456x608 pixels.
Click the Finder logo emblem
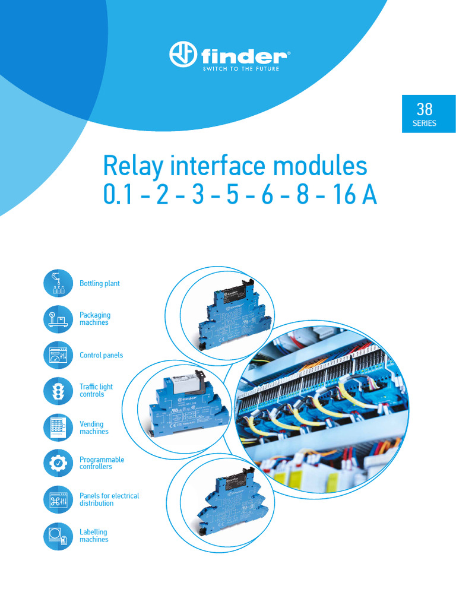pyautogui.click(x=183, y=55)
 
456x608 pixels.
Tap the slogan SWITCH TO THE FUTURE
pyautogui.click(x=240, y=69)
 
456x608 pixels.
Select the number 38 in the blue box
pyautogui.click(x=425, y=109)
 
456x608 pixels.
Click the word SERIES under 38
pyautogui.click(x=425, y=123)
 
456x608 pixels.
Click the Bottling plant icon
pyautogui.click(x=58, y=283)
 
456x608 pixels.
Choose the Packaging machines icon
pyautogui.click(x=58, y=319)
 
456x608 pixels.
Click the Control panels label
pyautogui.click(x=102, y=355)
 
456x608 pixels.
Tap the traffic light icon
pyautogui.click(x=58, y=391)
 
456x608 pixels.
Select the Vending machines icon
pyautogui.click(x=58, y=427)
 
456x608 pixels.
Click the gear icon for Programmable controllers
pyautogui.click(x=58, y=463)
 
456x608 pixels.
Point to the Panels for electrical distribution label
pyautogui.click(x=109, y=499)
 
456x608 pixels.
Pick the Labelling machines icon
pyautogui.click(x=58, y=536)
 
